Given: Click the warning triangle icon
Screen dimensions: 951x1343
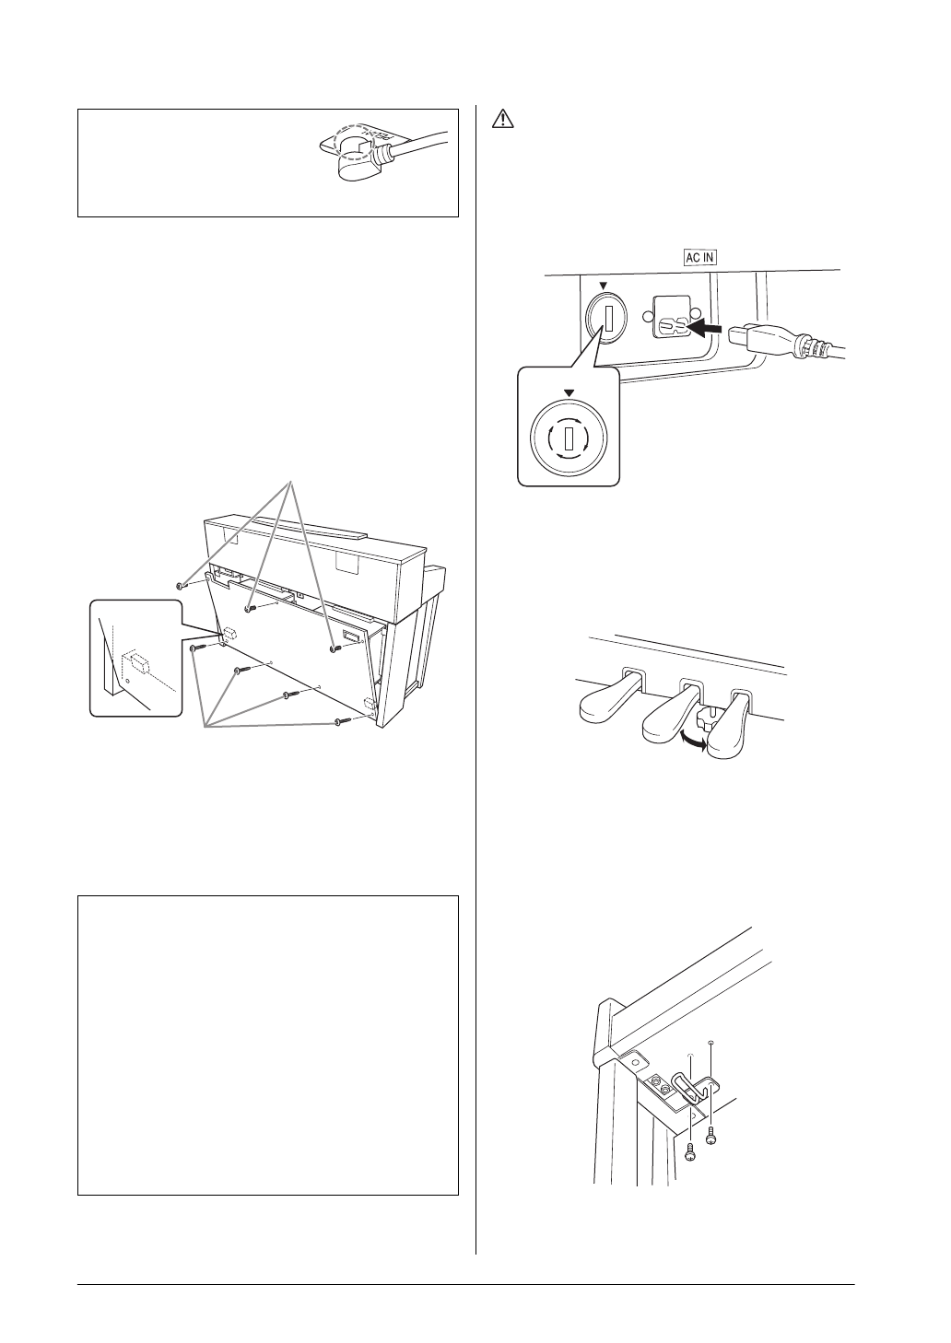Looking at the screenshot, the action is pyautogui.click(x=502, y=120).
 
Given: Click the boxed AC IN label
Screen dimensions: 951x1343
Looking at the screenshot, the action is pyautogui.click(x=699, y=259).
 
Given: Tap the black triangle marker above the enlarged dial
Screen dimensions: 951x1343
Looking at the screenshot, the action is pyautogui.click(x=569, y=392).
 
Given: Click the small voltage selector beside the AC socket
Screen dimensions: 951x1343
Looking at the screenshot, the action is pyautogui.click(x=607, y=320).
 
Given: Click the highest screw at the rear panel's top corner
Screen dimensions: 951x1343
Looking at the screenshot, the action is pyautogui.click(x=182, y=585).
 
